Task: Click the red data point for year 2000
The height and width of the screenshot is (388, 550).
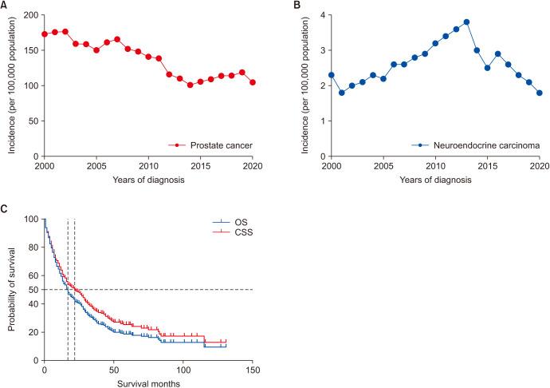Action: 45,34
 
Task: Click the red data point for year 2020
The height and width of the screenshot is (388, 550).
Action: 253,82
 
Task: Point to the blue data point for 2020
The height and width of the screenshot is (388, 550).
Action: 539,93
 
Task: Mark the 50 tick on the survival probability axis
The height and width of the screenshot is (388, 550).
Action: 33,289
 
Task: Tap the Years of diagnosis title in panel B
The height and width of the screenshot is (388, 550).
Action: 435,180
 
